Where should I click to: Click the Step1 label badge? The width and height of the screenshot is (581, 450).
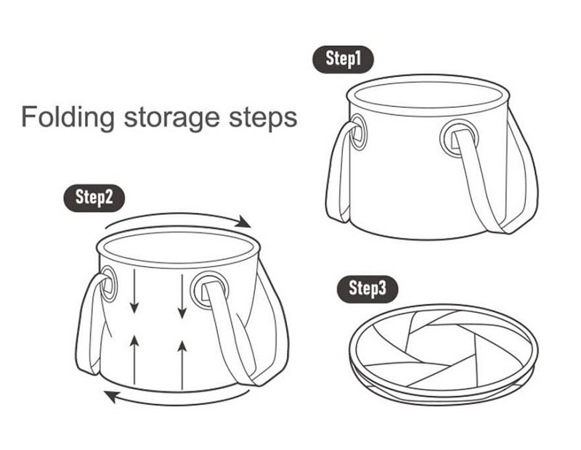pyautogui.click(x=343, y=60)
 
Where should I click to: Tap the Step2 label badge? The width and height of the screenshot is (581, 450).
pyautogui.click(x=94, y=197)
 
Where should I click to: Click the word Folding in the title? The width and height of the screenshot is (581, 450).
pyautogui.click(x=68, y=118)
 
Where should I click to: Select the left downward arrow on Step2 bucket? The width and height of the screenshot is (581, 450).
pyautogui.click(x=134, y=291)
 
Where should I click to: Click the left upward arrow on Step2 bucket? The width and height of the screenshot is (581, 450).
pyautogui.click(x=134, y=359)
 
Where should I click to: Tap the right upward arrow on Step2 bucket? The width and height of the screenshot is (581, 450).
pyautogui.click(x=182, y=365)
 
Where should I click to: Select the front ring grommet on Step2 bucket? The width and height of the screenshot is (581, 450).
pyautogui.click(x=193, y=291)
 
